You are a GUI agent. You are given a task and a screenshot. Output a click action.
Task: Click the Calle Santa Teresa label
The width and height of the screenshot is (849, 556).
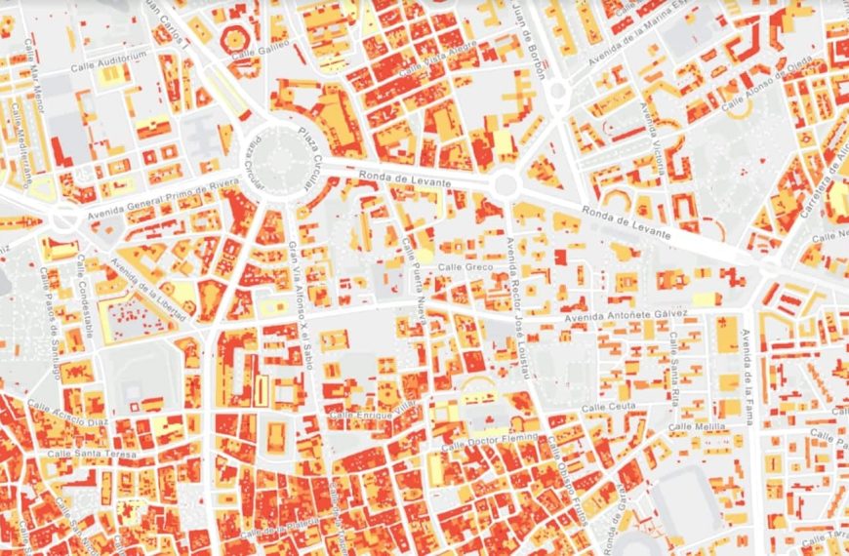pos(92,454)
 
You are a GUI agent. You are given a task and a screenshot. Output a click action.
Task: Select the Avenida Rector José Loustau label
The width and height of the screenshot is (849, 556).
pos(522,306)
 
